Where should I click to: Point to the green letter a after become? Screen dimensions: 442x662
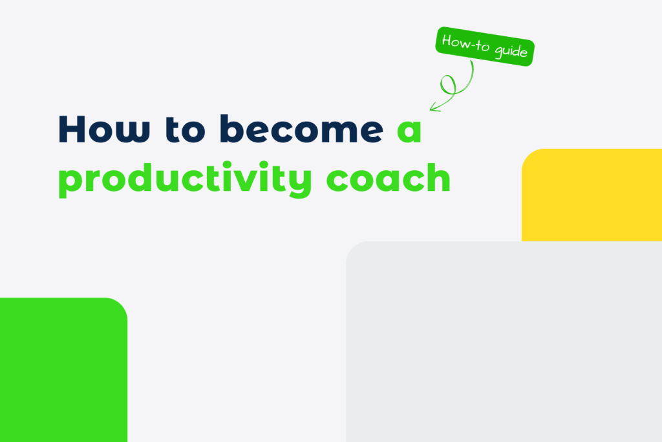click(x=408, y=131)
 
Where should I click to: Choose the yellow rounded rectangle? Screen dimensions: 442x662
click(x=592, y=194)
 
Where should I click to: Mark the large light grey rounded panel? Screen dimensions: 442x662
click(x=504, y=343)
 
